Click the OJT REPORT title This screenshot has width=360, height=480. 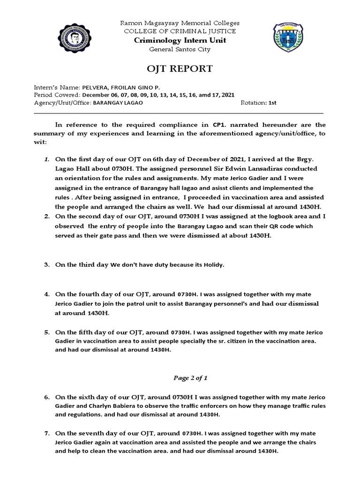[180, 69]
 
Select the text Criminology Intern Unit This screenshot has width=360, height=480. [180, 40]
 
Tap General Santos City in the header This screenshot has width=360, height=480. [180, 49]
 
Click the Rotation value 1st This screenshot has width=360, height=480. [272, 102]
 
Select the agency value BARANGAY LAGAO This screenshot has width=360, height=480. [115, 102]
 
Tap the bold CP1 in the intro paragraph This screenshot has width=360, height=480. [219, 125]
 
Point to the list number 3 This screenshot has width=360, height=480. [47, 265]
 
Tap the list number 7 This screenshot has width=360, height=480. [47, 434]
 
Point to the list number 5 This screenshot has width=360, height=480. [47, 332]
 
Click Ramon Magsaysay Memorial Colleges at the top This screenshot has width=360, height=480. [180, 22]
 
